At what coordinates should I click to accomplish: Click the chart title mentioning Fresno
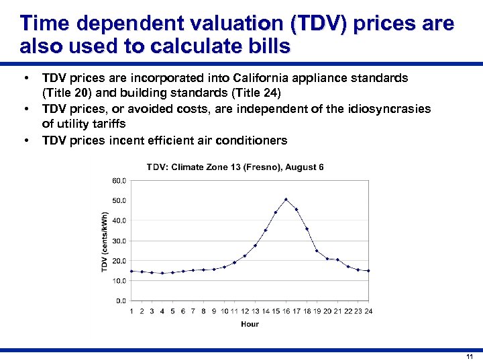coord(235,167)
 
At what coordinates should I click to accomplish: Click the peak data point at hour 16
coord(286,200)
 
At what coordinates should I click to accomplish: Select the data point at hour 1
coord(131,271)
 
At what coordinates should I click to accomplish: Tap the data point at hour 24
coord(368,271)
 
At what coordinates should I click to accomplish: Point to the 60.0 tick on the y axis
coord(119,180)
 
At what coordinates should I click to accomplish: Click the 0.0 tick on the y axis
coord(121,300)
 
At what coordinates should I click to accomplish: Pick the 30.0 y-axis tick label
coord(119,241)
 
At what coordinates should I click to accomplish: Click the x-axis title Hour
coord(250,324)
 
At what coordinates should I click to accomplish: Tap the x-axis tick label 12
coord(245,311)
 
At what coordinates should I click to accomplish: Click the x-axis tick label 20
coord(327,311)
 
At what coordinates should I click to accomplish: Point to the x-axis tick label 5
coord(172,311)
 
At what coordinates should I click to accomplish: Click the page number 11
coord(469,356)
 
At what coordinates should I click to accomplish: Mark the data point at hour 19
coord(317,251)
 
